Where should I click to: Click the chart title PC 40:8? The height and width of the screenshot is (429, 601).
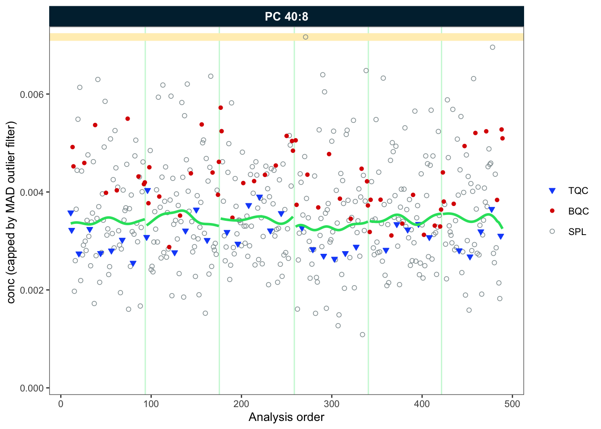coord(286,17)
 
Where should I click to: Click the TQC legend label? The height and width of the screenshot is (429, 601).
coord(578,191)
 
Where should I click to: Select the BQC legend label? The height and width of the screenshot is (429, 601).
coord(578,211)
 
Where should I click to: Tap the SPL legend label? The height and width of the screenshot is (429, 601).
coord(577,232)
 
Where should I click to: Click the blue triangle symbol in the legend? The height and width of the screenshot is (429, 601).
coord(552,191)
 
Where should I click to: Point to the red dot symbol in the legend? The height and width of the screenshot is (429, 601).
coord(552,211)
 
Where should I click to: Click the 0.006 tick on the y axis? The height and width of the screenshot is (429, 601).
coord(33,94)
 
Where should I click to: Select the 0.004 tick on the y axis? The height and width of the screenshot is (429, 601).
coord(33,192)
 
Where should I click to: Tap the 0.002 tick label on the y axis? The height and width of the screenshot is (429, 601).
coord(33,290)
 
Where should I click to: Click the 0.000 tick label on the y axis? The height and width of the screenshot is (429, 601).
coord(33,388)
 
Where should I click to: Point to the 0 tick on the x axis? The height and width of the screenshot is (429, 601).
coord(61,404)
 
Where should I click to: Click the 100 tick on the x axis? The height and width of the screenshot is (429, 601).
coord(151,404)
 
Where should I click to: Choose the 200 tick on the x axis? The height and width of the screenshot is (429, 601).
coord(241,404)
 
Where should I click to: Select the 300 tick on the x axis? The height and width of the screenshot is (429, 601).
coord(332,404)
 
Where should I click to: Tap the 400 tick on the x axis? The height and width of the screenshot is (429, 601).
coord(422,404)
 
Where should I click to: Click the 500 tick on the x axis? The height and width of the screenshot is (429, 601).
coord(512,404)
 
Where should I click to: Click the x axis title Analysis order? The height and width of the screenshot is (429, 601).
coord(286,417)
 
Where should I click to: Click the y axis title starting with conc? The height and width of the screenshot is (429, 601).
coord(11,212)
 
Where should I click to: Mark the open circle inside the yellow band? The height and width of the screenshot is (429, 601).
coord(305,37)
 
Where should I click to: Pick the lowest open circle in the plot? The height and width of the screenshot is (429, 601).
coord(362,335)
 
